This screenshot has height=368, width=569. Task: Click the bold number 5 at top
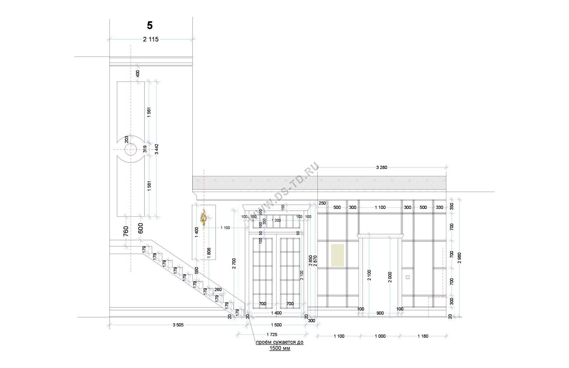point(150,25)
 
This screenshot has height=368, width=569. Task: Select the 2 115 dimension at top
point(151,39)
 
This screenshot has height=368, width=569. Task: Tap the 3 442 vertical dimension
point(156,149)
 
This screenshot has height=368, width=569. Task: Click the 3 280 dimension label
point(382,167)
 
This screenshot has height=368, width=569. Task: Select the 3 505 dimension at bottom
point(178,325)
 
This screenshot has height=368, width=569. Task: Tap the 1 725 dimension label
point(272,334)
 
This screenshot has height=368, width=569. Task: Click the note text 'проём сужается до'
point(279,342)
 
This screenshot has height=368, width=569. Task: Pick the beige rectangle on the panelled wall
point(337,255)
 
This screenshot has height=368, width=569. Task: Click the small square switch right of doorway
point(408,277)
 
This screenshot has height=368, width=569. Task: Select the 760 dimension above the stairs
point(126,231)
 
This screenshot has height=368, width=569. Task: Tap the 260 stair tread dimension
point(218,290)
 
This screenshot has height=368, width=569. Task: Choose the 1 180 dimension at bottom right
point(423,336)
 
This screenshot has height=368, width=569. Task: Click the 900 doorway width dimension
point(380,313)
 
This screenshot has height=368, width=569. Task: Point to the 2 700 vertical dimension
point(234,264)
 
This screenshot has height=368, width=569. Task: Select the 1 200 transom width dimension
point(276,220)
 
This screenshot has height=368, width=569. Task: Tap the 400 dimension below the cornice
point(138,74)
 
